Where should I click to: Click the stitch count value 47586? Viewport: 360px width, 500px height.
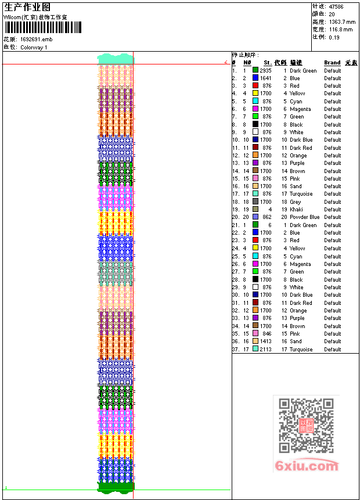336,6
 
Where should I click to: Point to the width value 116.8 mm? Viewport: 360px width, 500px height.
340,29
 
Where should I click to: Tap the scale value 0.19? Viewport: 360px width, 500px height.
334,37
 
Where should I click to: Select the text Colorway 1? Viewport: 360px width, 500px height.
34,47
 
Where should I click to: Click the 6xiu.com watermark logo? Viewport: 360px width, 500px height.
307,466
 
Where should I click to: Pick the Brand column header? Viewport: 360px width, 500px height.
332,63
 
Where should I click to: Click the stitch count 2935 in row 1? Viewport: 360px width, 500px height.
265,70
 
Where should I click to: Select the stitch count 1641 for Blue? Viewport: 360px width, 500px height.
265,78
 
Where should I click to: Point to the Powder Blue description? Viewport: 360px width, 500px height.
304,217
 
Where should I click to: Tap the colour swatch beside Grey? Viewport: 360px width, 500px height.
255,202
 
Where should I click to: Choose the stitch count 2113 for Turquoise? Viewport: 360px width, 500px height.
265,349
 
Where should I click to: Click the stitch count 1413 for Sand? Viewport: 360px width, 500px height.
265,341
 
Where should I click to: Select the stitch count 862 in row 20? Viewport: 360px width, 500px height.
267,217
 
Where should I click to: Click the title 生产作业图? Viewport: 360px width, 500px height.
27,7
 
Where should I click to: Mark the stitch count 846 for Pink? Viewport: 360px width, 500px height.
267,334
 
